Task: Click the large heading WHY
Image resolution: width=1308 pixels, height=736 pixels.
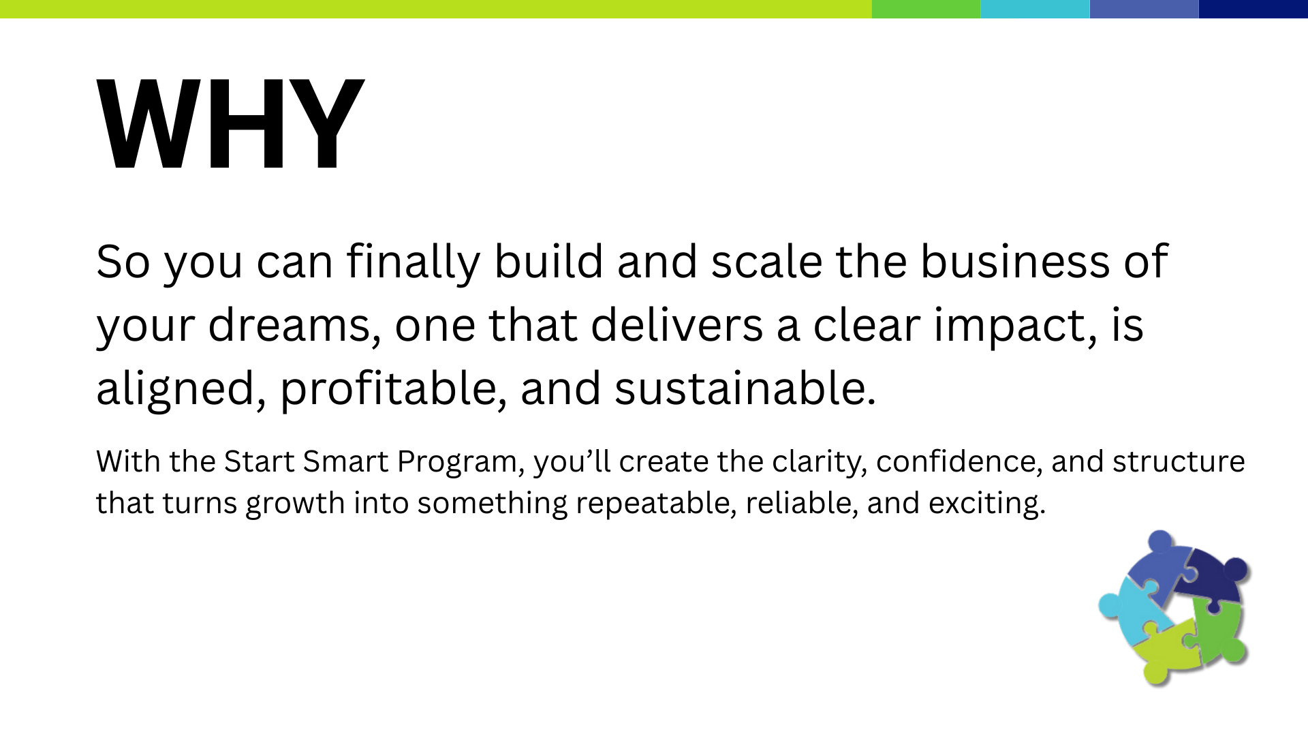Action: coord(230,124)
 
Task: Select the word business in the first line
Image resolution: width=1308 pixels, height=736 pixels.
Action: coord(1015,261)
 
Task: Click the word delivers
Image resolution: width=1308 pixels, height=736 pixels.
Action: coord(677,324)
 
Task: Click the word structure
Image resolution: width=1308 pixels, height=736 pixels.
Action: coord(1179,462)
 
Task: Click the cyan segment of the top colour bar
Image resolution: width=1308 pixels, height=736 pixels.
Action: coord(1035,9)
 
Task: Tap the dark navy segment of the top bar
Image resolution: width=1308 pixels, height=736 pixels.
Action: coord(1253,9)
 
